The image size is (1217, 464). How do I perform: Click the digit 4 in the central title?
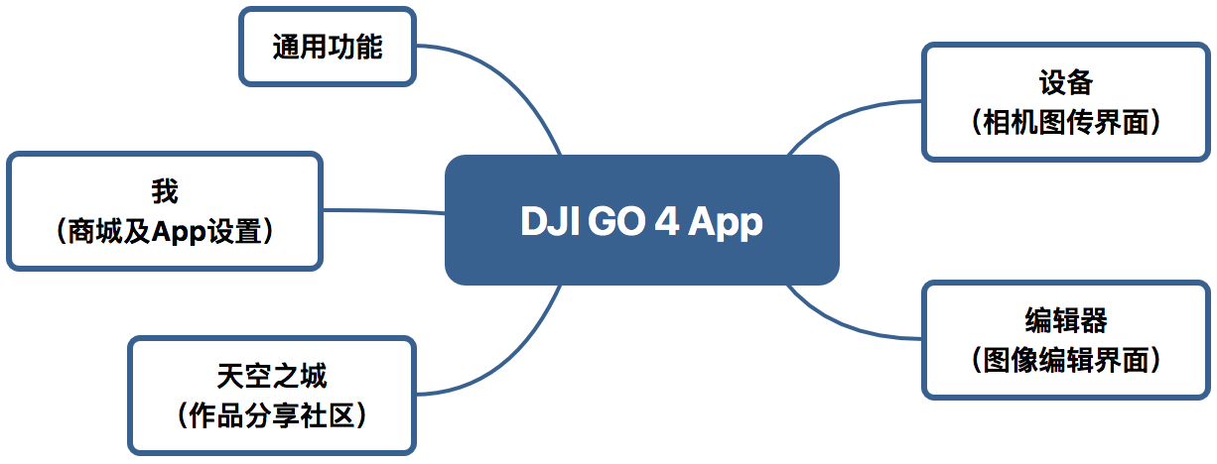pos(665,221)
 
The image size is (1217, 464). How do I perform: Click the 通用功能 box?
pos(328,47)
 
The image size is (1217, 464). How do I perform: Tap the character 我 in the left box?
pos(165,190)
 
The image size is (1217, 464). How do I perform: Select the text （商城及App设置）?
pos(165,231)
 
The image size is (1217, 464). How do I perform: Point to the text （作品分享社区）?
pos(271,415)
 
